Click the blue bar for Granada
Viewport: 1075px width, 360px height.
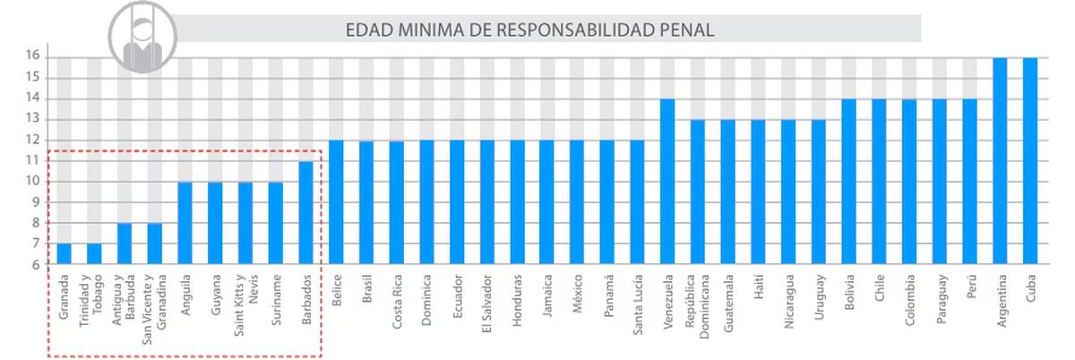click(64, 254)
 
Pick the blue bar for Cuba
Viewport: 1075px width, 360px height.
click(1030, 161)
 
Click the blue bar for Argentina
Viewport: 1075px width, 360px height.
click(1000, 161)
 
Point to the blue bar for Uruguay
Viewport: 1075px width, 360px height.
click(819, 192)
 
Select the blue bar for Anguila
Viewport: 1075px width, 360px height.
click(185, 223)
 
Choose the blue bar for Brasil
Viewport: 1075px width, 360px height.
click(366, 202)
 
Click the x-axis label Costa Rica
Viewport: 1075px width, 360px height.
click(396, 304)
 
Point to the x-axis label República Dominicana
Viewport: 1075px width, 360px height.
click(698, 309)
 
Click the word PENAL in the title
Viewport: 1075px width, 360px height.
click(685, 30)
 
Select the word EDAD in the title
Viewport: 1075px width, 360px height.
click(365, 30)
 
